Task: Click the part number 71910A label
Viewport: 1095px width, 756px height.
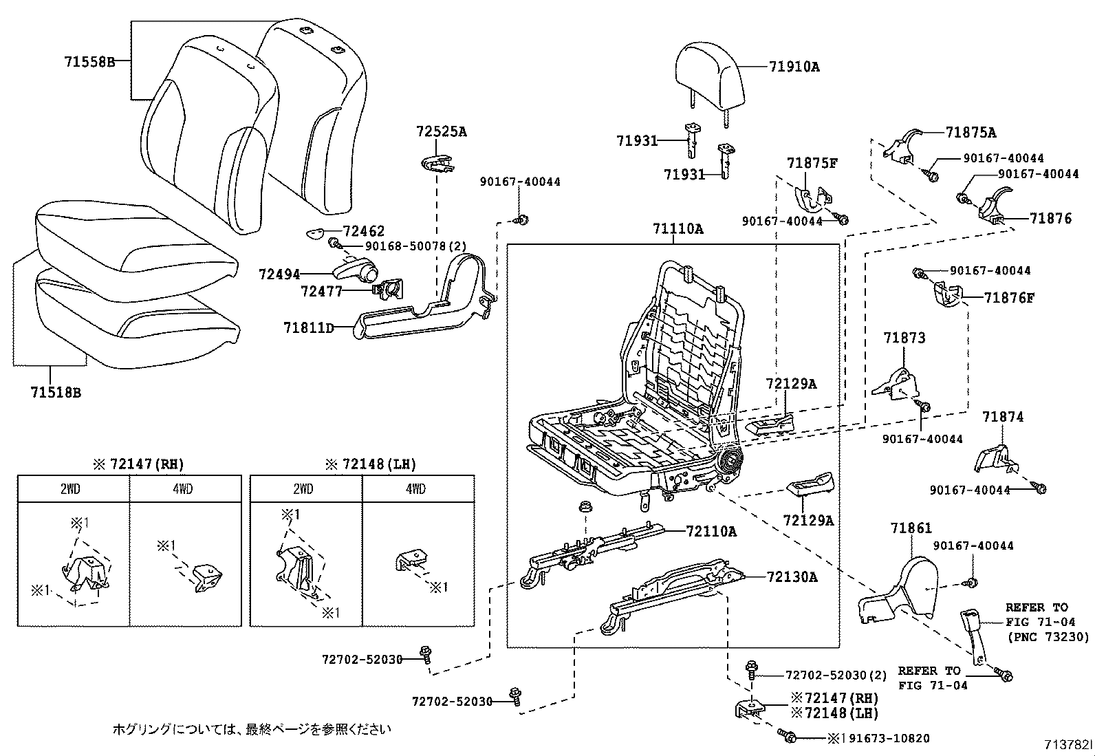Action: (x=794, y=67)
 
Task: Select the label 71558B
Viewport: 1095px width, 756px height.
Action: (x=89, y=61)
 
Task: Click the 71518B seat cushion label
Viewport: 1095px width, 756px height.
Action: (x=56, y=392)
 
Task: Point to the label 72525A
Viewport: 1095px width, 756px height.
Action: (x=441, y=131)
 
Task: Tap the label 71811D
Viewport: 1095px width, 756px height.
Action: (x=308, y=327)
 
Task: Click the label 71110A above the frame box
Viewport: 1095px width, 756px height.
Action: (x=677, y=229)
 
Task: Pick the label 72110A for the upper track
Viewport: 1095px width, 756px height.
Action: (x=711, y=531)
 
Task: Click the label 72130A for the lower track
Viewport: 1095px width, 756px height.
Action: (x=792, y=577)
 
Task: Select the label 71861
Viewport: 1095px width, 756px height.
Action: (x=911, y=528)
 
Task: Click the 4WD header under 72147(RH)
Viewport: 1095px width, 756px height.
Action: (x=183, y=489)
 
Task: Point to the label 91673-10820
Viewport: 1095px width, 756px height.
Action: (x=887, y=738)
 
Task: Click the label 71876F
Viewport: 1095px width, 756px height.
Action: (x=1009, y=297)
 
